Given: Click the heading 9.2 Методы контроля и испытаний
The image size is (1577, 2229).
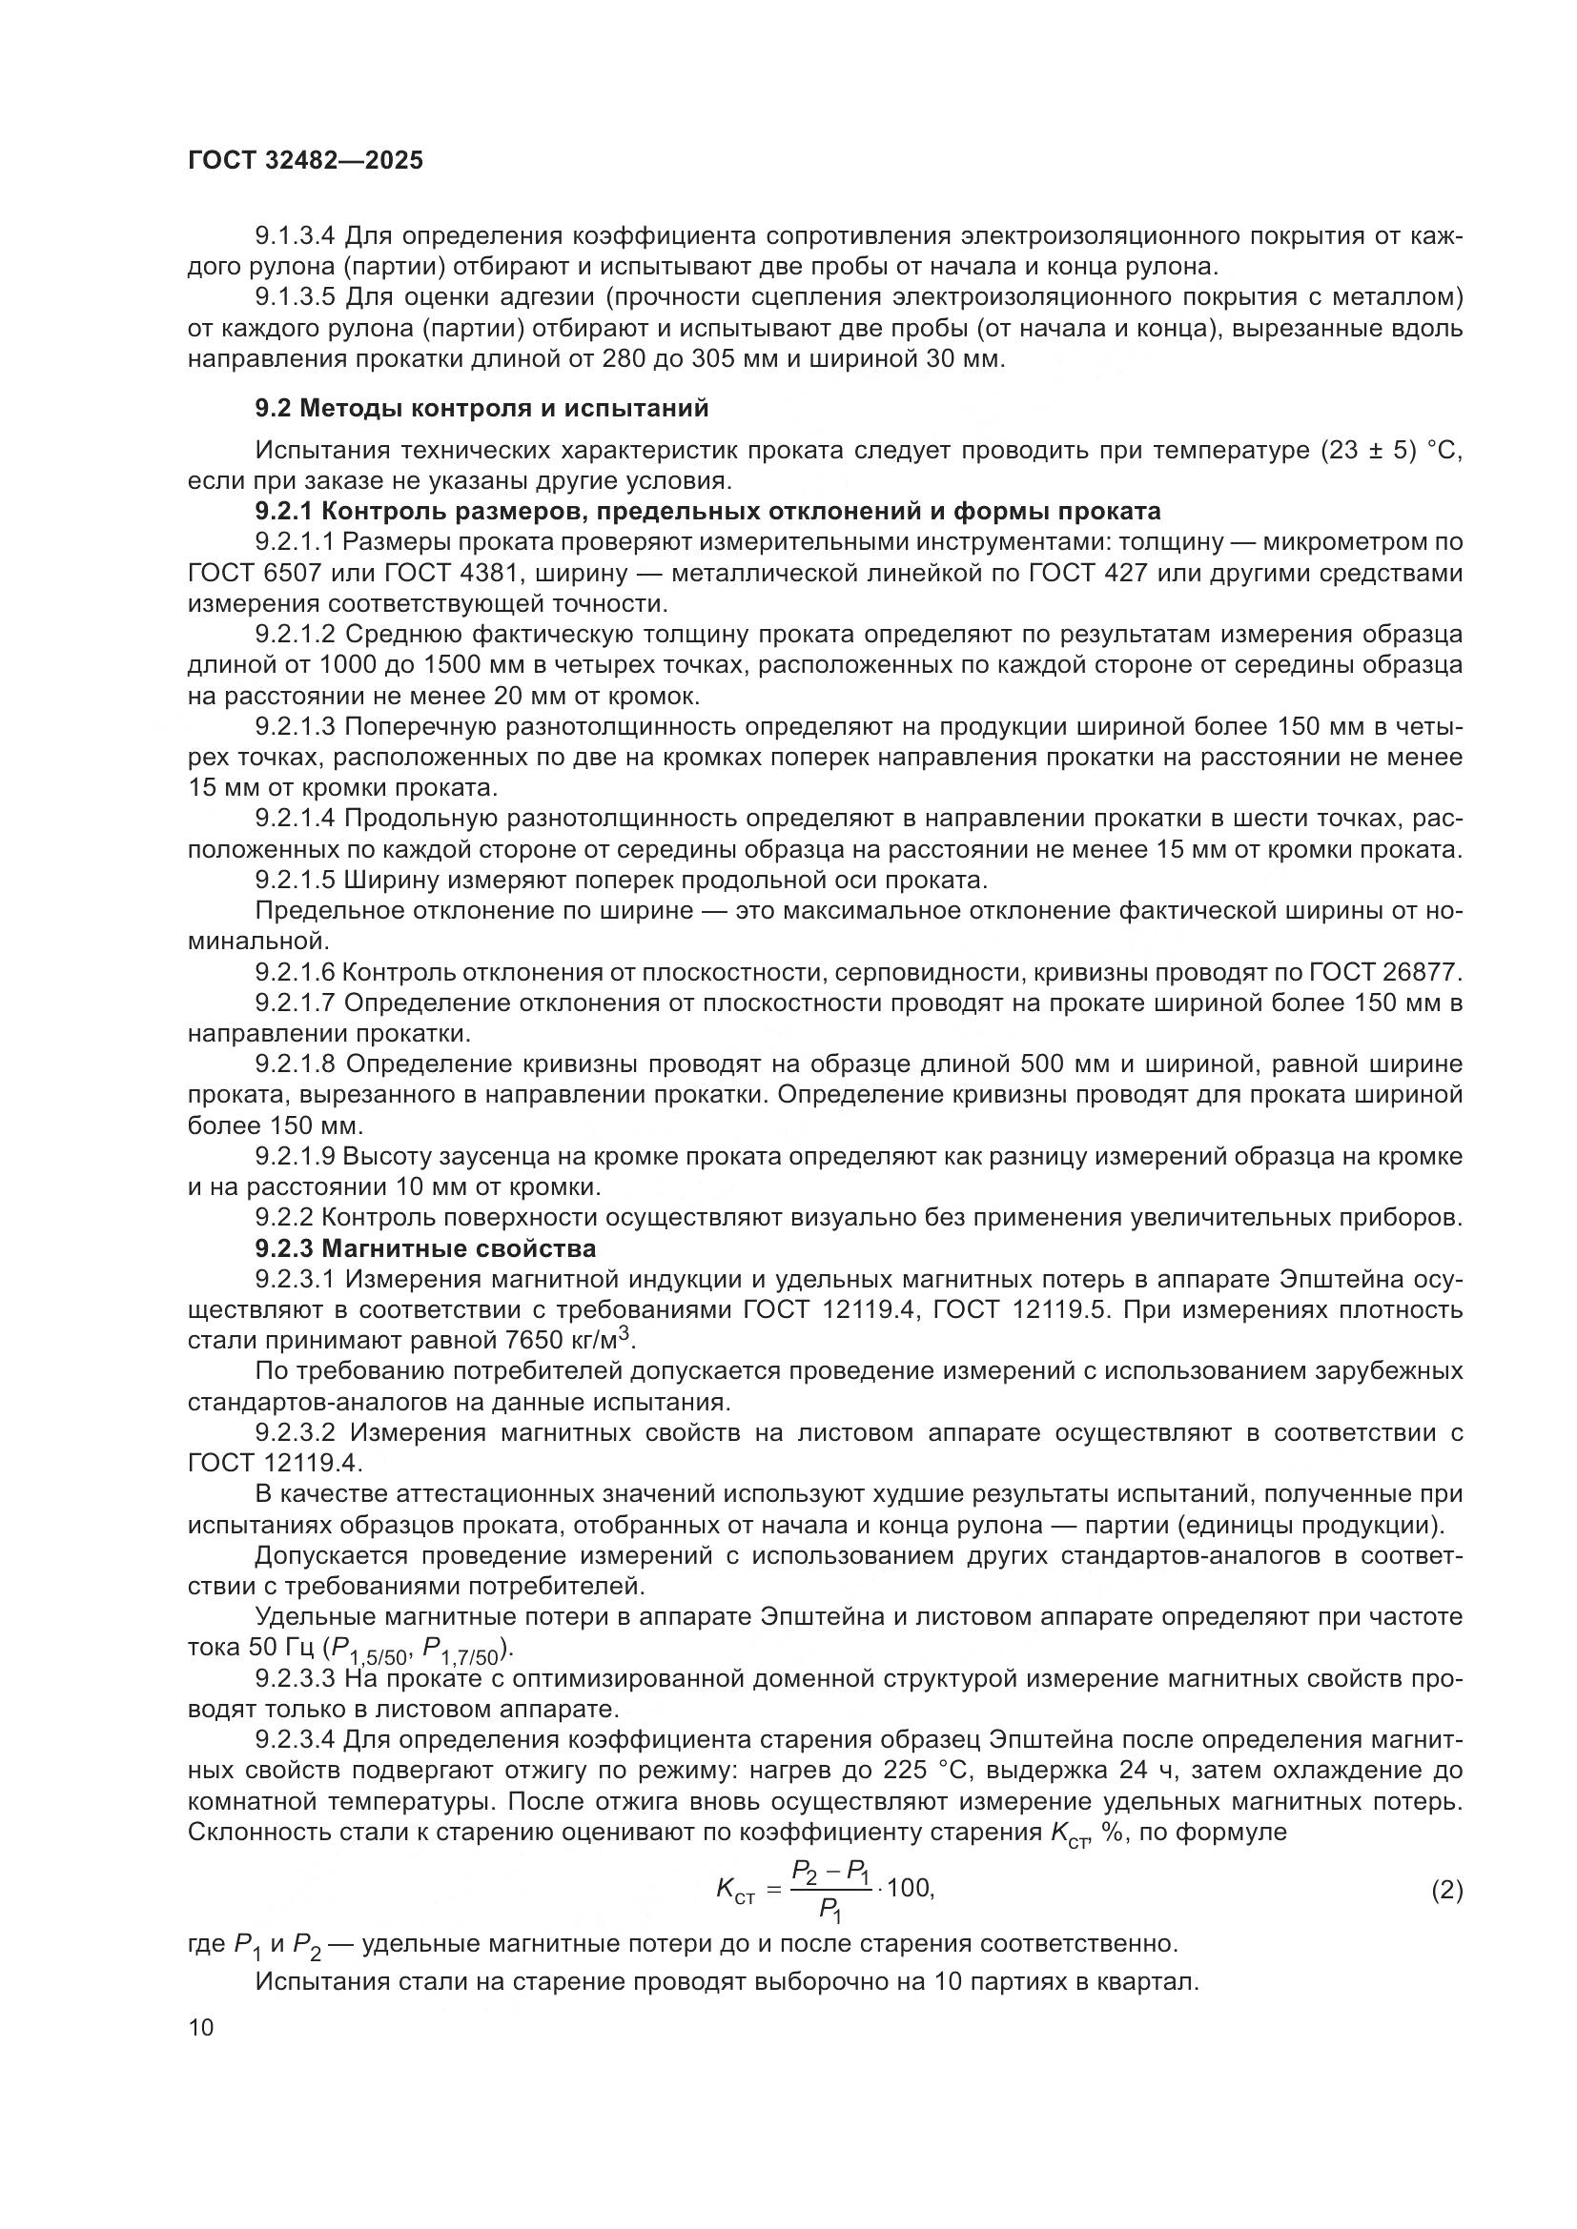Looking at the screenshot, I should click(481, 409).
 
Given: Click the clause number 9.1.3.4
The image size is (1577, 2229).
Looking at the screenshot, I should click(296, 236).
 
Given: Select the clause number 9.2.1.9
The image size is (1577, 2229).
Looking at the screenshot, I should click(296, 1156).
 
